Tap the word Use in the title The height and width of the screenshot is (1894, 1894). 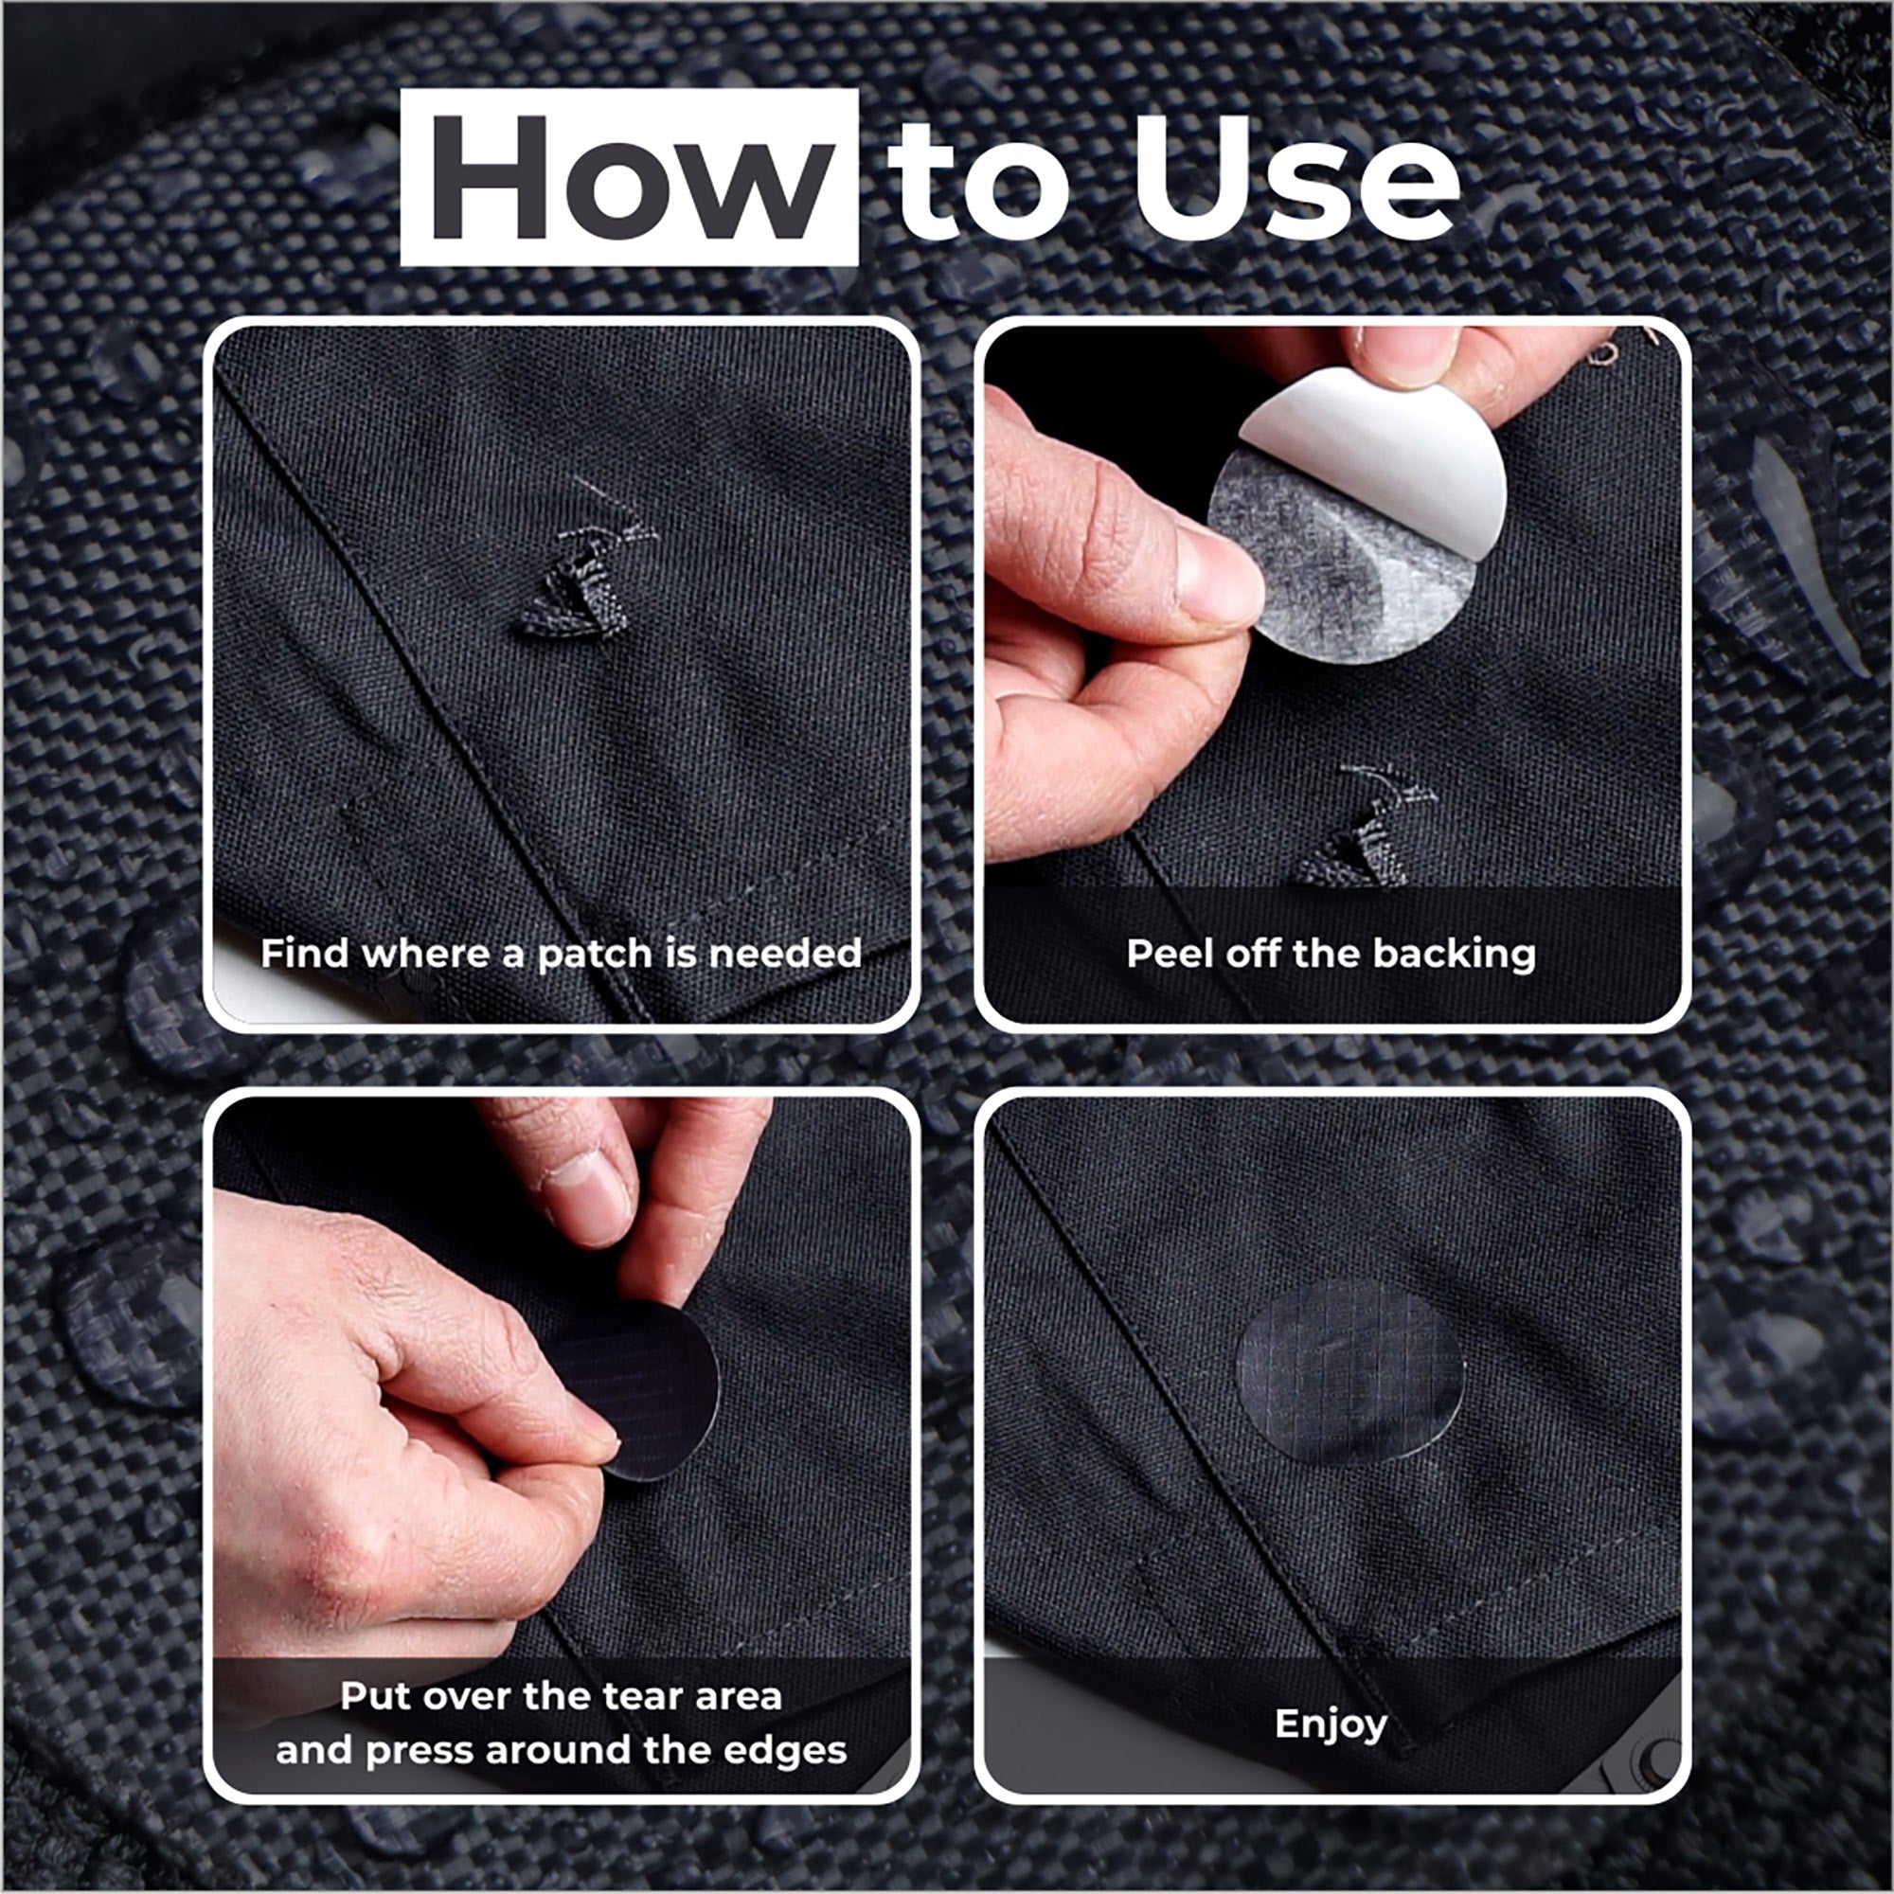click(x=1296, y=177)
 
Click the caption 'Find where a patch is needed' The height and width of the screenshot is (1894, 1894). click(x=561, y=953)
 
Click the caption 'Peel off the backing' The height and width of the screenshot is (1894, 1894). click(x=1331, y=953)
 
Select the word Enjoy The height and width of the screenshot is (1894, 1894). click(x=1331, y=1724)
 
